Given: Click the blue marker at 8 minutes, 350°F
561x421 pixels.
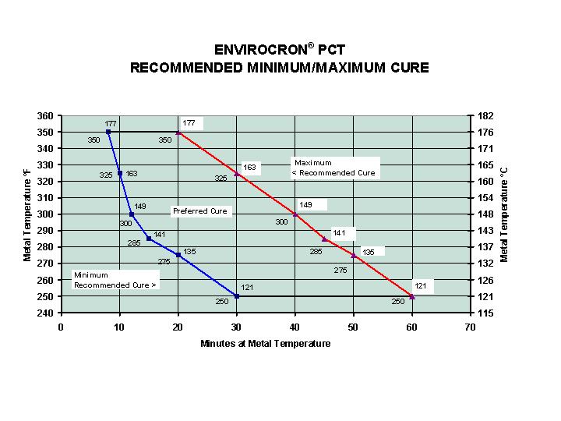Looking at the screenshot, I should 108,132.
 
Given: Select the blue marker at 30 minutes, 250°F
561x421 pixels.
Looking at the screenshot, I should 237,296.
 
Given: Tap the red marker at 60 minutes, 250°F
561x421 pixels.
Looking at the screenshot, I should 412,296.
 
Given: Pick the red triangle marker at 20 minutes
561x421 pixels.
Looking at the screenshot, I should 178,132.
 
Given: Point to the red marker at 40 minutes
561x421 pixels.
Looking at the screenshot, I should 295,214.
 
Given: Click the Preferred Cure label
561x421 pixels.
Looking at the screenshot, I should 200,211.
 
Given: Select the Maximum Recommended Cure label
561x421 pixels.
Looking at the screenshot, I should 334,168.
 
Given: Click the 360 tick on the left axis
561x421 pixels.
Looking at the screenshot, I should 46,116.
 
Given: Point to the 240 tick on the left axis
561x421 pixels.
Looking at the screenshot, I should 46,313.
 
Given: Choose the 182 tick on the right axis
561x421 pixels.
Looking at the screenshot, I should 485,116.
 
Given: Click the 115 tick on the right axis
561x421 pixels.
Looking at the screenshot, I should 485,313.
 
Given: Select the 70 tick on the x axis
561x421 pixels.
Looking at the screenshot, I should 471,327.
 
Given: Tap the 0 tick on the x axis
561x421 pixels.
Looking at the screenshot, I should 61,327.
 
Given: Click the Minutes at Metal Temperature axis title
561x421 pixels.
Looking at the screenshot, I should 266,344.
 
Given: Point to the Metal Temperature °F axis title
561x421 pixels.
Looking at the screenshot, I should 28,214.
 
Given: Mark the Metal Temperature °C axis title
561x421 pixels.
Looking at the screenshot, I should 504,214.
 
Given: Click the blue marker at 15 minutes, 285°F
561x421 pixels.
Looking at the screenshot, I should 149,239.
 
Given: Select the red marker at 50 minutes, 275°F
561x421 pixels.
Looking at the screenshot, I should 354,255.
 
